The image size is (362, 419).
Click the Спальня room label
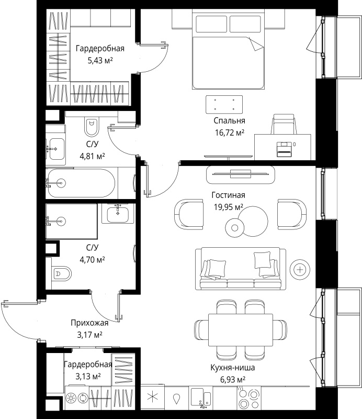point(229,121)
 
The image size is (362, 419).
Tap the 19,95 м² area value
point(228,207)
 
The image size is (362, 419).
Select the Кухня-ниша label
point(232,368)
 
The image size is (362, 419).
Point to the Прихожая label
point(89,323)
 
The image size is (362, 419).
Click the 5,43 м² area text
point(100,60)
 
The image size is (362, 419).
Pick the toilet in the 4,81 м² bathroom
point(92,127)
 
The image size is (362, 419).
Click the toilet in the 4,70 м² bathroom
point(62,273)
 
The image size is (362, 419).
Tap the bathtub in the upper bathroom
point(81,183)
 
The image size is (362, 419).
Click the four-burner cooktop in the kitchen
point(249,398)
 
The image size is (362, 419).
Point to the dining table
point(241,330)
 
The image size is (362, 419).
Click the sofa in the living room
point(241,268)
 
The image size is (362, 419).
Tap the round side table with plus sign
point(300,270)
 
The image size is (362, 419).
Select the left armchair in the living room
point(188,214)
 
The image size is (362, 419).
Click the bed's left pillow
point(211,24)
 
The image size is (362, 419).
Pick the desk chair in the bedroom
point(284,124)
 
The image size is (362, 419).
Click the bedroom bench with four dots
point(224,104)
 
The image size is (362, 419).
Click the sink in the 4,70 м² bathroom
point(118,214)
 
